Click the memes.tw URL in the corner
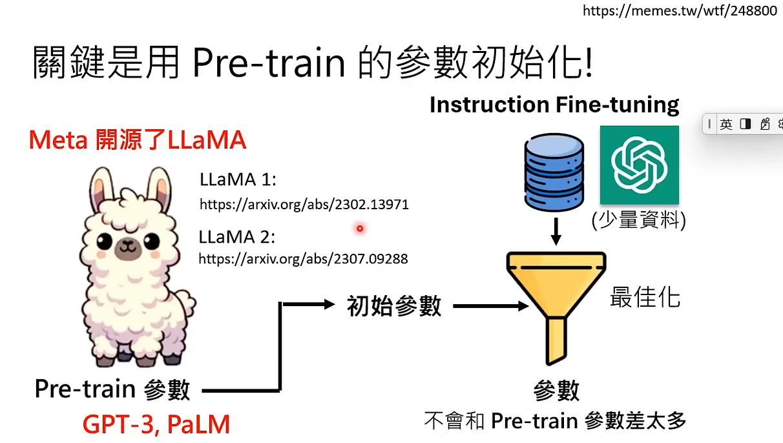coord(680,11)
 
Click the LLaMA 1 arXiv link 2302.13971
coord(304,205)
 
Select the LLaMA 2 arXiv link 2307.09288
coord(303,259)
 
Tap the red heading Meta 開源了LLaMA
coord(138,140)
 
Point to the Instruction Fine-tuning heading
coord(554,105)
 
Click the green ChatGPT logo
coord(639,165)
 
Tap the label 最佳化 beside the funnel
coord(645,298)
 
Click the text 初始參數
coord(394,305)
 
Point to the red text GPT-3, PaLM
coord(156,424)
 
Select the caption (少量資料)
coord(638,221)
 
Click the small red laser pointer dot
coord(360,228)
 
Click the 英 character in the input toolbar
coord(726,124)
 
